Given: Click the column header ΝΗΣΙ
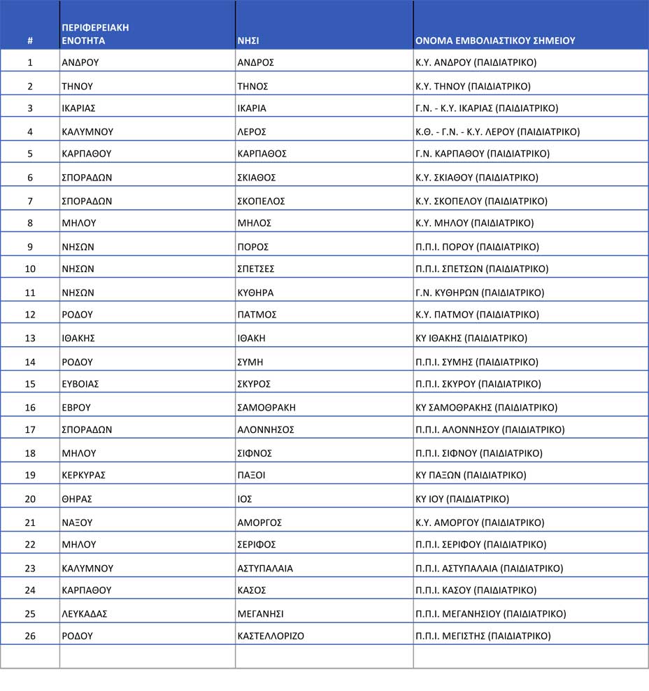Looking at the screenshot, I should pyautogui.click(x=248, y=41).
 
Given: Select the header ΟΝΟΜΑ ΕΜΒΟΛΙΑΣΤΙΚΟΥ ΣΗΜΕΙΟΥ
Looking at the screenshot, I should pyautogui.click(x=495, y=41).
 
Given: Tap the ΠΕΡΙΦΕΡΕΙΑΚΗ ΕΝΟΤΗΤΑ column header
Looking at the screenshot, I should pyautogui.click(x=95, y=34).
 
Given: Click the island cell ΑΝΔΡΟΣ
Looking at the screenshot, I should pyautogui.click(x=255, y=62).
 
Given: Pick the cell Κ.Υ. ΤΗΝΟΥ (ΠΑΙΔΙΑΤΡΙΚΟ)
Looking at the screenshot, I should pyautogui.click(x=473, y=86).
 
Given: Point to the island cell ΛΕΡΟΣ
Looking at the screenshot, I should pyautogui.click(x=252, y=131).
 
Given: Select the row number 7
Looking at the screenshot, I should pyautogui.click(x=30, y=201).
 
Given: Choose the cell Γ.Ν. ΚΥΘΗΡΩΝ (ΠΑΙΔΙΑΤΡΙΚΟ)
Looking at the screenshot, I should pyautogui.click(x=480, y=292).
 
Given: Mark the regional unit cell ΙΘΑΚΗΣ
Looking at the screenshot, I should pyautogui.click(x=78, y=338).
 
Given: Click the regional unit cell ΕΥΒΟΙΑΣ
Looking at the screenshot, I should pyautogui.click(x=80, y=383).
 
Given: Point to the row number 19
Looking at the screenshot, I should pyautogui.click(x=30, y=475).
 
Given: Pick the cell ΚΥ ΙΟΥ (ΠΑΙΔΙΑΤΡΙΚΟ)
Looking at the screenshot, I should pyautogui.click(x=462, y=499).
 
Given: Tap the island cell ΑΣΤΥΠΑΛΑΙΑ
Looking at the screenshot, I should pyautogui.click(x=265, y=568).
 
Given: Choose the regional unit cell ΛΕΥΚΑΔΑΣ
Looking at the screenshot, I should pyautogui.click(x=85, y=613).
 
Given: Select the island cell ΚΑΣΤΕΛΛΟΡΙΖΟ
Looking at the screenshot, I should pyautogui.click(x=271, y=636).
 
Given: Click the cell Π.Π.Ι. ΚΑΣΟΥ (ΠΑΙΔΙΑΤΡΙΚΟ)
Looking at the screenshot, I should pyautogui.click(x=476, y=590).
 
